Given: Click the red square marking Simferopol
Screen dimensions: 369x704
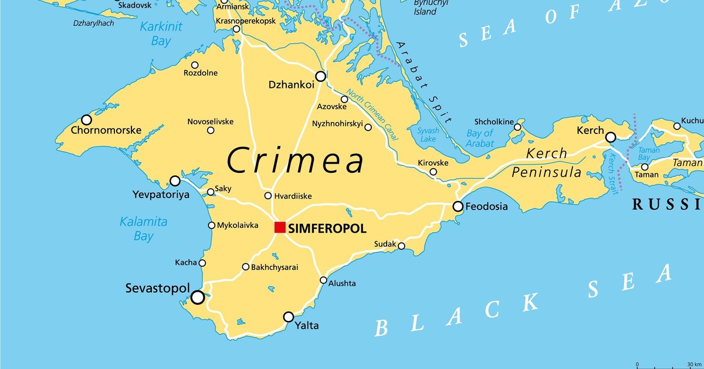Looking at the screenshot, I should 280,227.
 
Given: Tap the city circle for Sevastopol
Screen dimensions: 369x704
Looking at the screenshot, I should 198,297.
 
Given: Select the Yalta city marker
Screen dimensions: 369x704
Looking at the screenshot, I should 289,317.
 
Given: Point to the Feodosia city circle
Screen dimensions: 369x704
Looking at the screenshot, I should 458,206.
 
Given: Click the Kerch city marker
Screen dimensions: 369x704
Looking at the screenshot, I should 611,137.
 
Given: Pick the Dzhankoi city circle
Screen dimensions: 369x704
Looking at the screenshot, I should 320,76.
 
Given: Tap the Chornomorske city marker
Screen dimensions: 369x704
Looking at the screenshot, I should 86,119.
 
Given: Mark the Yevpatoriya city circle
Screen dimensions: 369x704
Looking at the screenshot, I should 175,180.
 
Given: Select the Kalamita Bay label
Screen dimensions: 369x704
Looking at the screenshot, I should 144,229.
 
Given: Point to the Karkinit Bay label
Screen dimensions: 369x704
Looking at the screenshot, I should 160,33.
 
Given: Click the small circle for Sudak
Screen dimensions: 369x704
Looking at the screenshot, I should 401,246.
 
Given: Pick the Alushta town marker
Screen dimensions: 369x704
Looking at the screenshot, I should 323,280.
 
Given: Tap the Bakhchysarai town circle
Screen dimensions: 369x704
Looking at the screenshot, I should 246,266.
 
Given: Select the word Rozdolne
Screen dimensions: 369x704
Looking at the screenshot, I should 201,73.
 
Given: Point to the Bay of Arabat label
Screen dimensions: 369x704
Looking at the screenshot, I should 480,138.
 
